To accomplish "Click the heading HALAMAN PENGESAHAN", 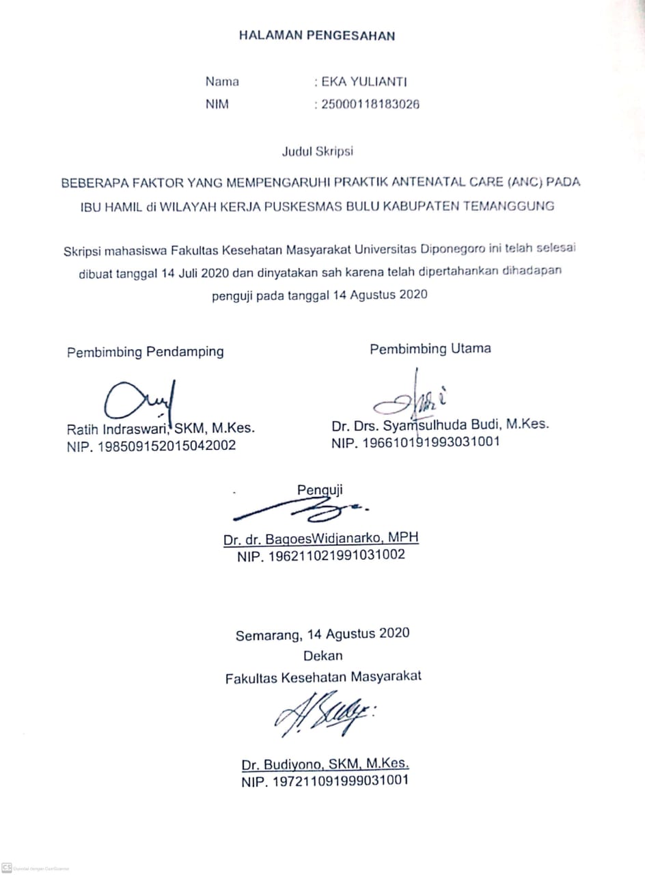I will tap(316, 36).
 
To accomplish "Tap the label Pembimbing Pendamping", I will tap(145, 352).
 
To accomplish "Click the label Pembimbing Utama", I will tap(430, 349).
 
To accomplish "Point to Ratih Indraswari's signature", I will tap(141, 401).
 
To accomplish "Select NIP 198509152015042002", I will tap(151, 446).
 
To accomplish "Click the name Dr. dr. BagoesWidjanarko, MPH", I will tap(320, 539).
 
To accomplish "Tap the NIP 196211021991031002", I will tap(320, 555).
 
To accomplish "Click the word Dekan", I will tap(322, 655).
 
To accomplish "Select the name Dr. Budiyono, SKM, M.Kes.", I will tap(325, 764).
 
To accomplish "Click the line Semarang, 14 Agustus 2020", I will tap(322, 634).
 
